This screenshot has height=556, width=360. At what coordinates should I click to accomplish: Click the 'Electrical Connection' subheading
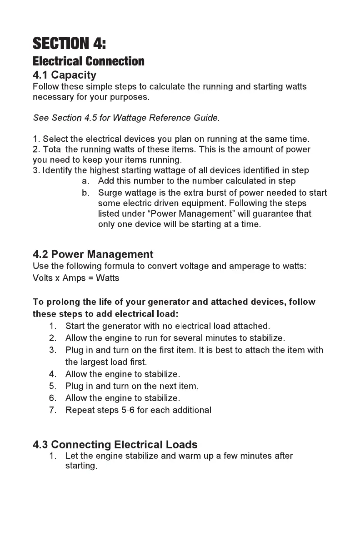pos(89,61)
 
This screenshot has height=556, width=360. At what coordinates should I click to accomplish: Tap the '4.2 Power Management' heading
pos(93,254)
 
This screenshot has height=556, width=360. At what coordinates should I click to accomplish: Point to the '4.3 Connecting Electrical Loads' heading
pos(115,444)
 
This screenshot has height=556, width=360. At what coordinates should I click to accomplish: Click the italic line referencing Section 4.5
pos(126,118)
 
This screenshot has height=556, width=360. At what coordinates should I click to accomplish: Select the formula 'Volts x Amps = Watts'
pos(76,278)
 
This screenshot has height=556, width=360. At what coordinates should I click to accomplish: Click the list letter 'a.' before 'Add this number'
pos(85,181)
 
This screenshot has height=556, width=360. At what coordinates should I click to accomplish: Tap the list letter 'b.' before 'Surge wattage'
pos(85,193)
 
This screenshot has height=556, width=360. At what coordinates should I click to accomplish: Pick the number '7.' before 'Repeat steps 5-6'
pos(52,410)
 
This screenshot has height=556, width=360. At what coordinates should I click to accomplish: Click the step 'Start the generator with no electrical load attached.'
pos(168,326)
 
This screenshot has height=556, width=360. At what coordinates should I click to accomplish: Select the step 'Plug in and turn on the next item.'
pos(132,387)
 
